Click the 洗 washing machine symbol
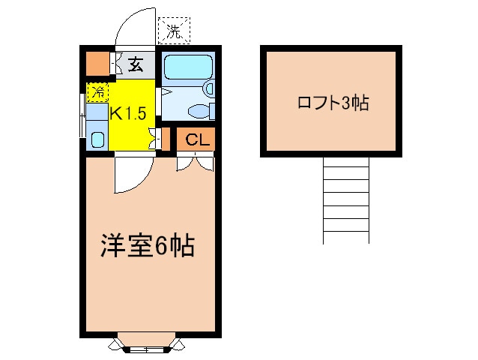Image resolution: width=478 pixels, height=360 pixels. [x=174, y=31]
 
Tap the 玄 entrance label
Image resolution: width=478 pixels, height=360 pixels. [x=136, y=64]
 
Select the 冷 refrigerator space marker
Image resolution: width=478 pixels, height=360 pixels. [x=97, y=91]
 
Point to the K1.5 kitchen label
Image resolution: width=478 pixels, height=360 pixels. [x=128, y=113]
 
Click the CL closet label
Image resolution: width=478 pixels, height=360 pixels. [x=198, y=139]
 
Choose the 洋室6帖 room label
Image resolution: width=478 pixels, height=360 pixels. [x=148, y=245]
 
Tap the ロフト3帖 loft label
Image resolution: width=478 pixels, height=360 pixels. [x=333, y=103]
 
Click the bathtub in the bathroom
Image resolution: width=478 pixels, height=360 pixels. [x=188, y=67]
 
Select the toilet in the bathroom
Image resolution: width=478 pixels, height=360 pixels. [x=202, y=111]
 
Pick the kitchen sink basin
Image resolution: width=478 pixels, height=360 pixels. [x=98, y=139]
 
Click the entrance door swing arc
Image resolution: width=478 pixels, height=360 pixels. [x=134, y=26]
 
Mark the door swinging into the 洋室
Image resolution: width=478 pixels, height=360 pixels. [x=134, y=175]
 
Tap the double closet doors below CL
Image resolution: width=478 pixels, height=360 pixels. [x=195, y=163]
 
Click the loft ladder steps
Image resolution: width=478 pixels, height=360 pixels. [x=346, y=200]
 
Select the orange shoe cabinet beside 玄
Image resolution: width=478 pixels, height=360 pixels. [x=97, y=64]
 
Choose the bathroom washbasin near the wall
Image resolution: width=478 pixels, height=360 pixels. [x=209, y=88]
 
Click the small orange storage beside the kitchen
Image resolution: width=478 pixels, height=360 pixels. [x=166, y=139]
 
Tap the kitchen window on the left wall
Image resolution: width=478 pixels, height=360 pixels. [x=82, y=115]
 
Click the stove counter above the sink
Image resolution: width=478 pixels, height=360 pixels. [x=97, y=112]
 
